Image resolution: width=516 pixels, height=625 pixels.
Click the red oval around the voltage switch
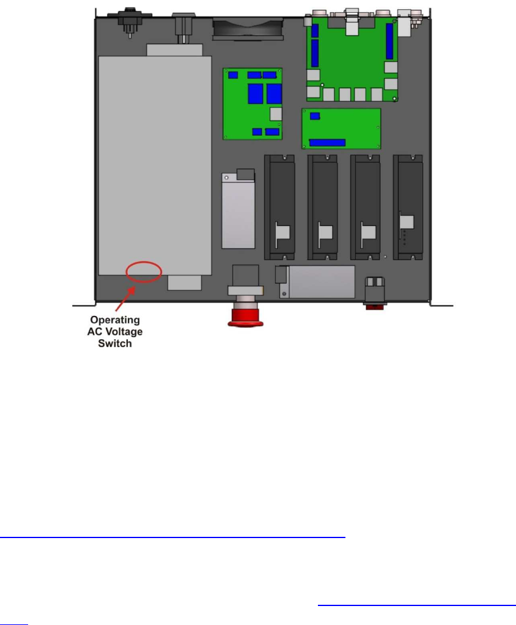coord(144,271)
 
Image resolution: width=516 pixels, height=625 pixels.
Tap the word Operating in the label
coord(116,320)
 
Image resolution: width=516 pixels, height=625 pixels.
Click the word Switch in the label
coord(116,343)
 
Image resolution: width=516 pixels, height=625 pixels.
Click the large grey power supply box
coord(155,165)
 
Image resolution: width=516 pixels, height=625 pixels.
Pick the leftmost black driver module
coord(281,206)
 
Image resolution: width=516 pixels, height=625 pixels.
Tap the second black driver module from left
coord(323,206)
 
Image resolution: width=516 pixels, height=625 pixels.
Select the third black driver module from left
coord(366,206)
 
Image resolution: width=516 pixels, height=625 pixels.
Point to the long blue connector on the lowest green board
coord(327,143)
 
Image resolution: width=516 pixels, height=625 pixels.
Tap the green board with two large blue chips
coord(252,103)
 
